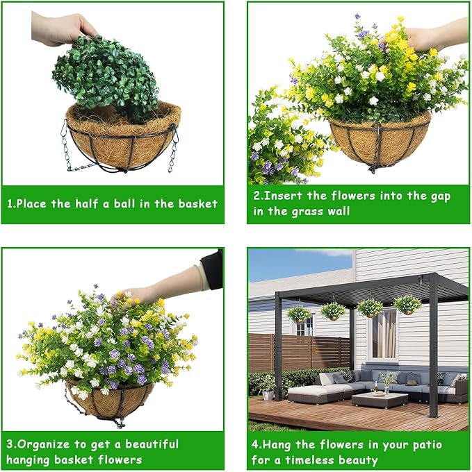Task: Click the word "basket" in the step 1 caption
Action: point(197,204)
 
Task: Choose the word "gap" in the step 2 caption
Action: point(439,197)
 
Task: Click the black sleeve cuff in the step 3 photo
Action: point(212,269)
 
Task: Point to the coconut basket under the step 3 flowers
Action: point(110,401)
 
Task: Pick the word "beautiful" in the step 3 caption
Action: point(152,444)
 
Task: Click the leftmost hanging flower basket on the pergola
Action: point(299,314)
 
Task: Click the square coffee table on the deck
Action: point(380,400)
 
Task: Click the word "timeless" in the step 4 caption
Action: point(305,460)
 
